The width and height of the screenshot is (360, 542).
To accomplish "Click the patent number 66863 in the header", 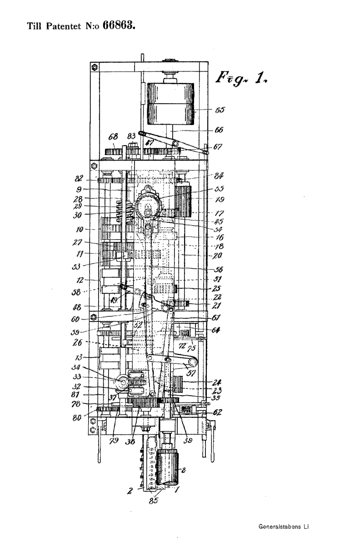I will [x=120, y=25].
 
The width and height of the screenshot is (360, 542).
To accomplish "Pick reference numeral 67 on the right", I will [x=220, y=147].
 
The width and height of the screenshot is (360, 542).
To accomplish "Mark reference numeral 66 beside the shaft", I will [x=220, y=130].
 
